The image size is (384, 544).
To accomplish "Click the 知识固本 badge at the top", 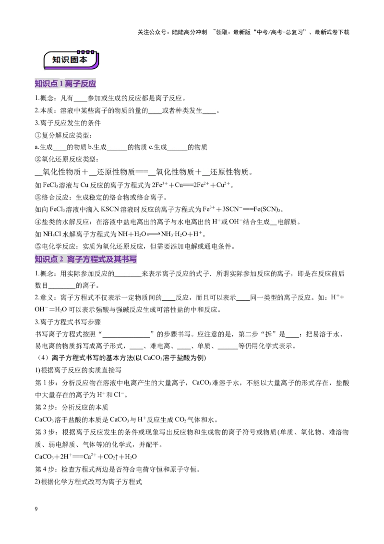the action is click(71, 60).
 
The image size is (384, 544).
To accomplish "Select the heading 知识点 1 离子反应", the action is click(65, 84).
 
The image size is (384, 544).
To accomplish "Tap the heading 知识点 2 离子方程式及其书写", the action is click(85, 259).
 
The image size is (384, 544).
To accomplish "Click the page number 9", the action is click(36, 509).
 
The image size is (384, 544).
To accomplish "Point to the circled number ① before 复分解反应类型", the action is click(38, 136).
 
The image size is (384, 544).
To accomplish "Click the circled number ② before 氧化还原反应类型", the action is click(38, 159).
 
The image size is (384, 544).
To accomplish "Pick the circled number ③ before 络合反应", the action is click(38, 198).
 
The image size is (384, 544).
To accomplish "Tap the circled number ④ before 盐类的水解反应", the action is click(38, 222).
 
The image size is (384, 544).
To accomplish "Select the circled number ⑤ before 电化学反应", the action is click(38, 247).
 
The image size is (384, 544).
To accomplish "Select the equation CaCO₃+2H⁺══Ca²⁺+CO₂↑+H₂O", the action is click(85, 457).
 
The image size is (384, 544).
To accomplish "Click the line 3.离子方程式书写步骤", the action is click(68, 322).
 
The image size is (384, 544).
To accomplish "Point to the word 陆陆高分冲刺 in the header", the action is click(189, 32).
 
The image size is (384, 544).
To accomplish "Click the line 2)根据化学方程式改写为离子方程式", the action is click(88, 482).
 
